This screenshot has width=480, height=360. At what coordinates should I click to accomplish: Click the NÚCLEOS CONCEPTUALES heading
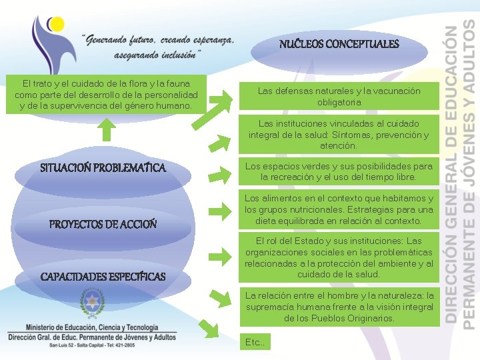(339, 45)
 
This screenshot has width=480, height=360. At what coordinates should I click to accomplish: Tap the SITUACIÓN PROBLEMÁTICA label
(103, 167)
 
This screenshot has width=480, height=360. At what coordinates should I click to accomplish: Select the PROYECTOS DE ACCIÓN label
(103, 225)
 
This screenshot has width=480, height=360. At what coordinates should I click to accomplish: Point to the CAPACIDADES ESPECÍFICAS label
(103, 277)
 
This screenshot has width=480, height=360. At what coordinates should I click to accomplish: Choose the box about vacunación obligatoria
(339, 97)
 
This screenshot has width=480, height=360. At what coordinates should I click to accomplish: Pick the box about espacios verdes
(339, 171)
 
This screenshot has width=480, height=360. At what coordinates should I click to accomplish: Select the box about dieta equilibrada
(339, 209)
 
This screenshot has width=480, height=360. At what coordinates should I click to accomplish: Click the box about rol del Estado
(339, 257)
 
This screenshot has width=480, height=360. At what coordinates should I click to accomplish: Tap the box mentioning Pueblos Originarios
(339, 307)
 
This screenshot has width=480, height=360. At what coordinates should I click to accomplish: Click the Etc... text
(255, 342)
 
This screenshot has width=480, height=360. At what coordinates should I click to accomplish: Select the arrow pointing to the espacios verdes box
(219, 174)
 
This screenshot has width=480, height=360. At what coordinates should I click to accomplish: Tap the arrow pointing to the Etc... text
(209, 328)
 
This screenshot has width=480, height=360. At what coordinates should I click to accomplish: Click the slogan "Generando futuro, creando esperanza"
(159, 41)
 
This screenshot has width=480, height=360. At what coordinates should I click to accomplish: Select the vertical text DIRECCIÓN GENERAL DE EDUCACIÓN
(453, 173)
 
